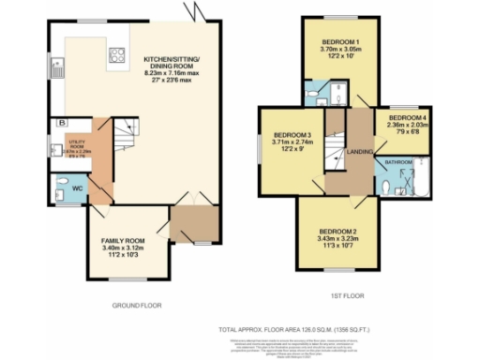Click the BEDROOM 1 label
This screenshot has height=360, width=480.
337,43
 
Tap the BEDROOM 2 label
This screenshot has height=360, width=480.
337,231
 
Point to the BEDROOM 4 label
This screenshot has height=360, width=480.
400,118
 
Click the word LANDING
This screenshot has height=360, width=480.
359,152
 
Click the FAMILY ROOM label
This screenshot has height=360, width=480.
124,241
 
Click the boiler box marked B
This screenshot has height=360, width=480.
62,123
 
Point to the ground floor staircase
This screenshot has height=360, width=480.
125,141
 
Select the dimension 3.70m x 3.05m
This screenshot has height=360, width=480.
337,51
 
